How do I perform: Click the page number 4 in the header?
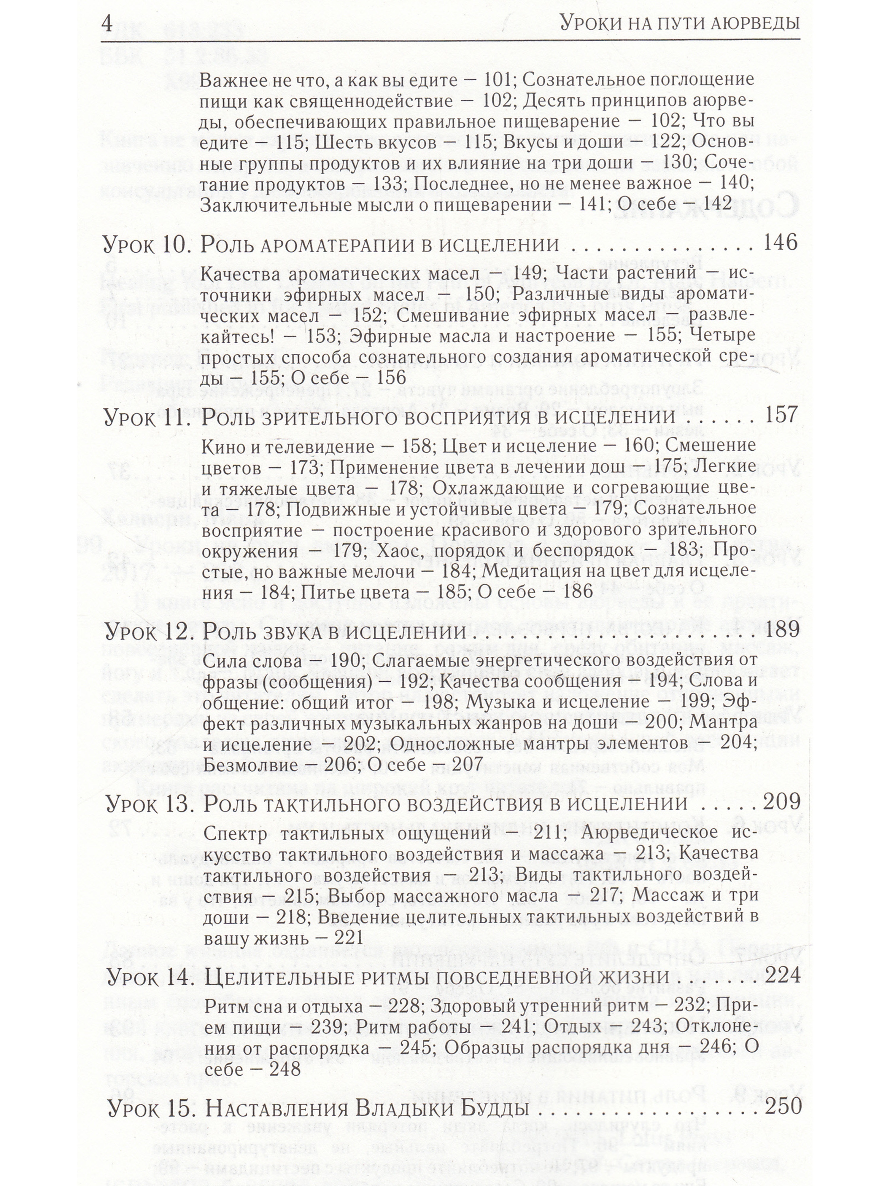[107, 24]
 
